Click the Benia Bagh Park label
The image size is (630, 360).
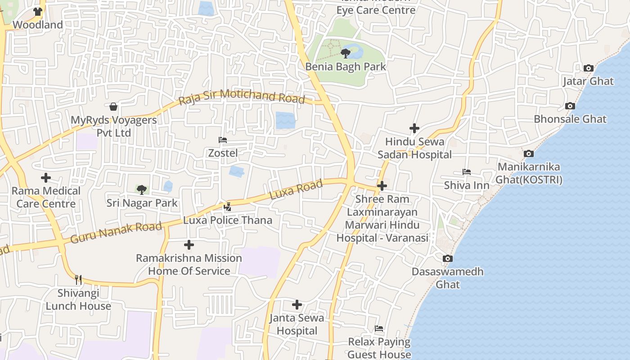click(x=346, y=67)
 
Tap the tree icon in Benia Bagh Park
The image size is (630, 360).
click(x=346, y=54)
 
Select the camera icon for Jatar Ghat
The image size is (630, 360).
click(x=588, y=68)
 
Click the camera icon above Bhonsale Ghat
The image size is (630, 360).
click(x=570, y=106)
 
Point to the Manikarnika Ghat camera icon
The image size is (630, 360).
click(x=529, y=154)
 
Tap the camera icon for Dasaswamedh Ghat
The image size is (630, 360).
click(x=447, y=258)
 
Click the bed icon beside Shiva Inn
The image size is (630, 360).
click(x=467, y=172)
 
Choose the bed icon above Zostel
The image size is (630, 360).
click(x=223, y=140)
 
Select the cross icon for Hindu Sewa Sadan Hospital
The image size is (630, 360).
click(x=414, y=128)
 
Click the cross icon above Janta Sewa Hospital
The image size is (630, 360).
click(x=297, y=305)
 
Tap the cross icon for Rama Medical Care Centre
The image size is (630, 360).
click(x=46, y=178)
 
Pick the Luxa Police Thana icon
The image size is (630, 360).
click(x=228, y=207)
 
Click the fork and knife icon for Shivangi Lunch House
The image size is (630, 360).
click(x=78, y=280)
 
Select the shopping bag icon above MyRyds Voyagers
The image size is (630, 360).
click(x=113, y=107)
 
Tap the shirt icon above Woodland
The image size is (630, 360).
click(x=38, y=12)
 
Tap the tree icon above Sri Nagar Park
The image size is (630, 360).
click(x=142, y=189)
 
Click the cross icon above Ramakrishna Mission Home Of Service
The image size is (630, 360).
click(x=189, y=245)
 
